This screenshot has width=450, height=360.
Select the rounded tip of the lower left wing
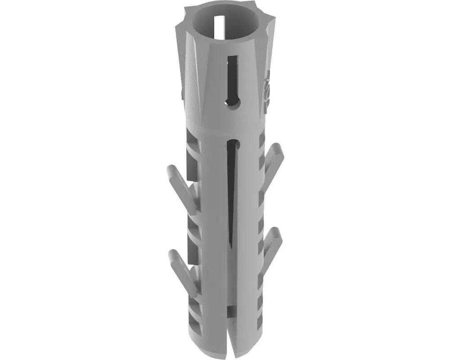click(172, 256)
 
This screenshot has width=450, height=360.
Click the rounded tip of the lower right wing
click(277, 234)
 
